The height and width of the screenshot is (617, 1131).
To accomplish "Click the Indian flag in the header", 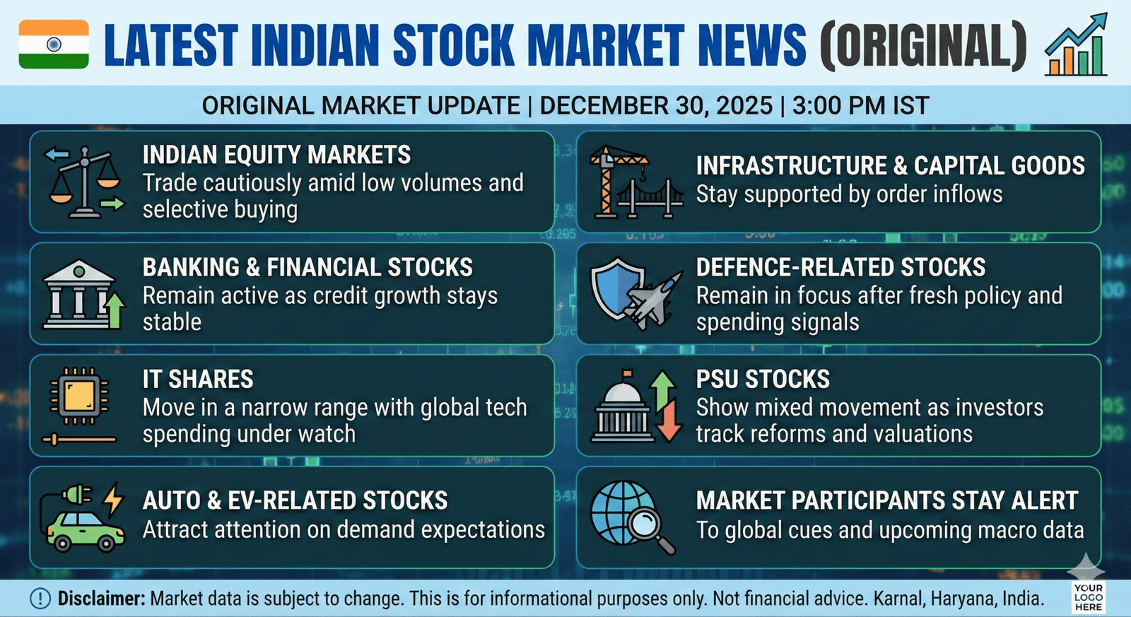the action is pos(54,44).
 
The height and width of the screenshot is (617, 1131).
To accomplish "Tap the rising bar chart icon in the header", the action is pos(1076,45).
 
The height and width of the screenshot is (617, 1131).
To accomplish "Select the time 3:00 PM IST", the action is pos(860,105).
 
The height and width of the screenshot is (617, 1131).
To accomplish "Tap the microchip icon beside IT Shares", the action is pos(79,395).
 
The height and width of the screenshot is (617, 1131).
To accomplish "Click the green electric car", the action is pos(85,531).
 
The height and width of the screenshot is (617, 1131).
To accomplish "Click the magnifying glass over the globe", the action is pos(650,528).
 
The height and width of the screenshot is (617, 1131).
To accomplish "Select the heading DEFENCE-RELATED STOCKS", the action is pos(840,268).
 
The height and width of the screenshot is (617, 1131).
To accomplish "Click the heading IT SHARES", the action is pos(198,380).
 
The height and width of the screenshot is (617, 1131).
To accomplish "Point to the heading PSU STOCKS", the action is pos(763,380).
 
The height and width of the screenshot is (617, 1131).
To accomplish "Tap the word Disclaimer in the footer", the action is pos(101,599).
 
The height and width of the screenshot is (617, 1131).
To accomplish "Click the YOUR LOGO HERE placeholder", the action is pos(1089,597).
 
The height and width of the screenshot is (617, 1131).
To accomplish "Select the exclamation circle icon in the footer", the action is pos(40,599).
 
